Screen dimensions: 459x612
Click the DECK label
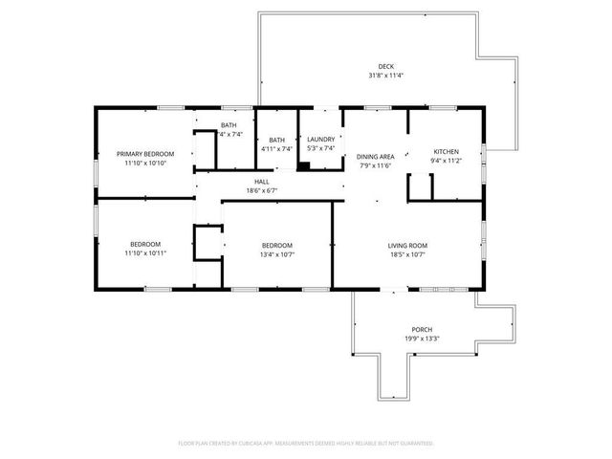385,66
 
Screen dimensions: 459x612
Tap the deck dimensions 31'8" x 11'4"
385,76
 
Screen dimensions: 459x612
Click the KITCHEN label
447,152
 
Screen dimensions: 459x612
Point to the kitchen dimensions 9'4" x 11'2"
447,162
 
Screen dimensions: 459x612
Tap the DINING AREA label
376,156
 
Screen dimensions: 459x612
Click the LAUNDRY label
320,140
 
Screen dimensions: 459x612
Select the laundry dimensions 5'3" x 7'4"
320,149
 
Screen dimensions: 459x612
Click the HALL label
261,181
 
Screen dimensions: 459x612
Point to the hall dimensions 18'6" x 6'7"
261,190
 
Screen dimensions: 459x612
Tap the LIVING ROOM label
407,245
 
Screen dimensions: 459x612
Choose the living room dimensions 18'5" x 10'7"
407,254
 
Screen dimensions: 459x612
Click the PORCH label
422,327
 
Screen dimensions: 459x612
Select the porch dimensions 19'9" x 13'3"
422,337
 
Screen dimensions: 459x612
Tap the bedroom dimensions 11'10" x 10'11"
145,253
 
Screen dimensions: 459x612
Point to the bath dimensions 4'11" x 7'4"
276,149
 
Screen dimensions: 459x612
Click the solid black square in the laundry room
303,165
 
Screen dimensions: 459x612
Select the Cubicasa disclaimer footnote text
306,444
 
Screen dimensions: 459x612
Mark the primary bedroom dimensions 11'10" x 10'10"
145,163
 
